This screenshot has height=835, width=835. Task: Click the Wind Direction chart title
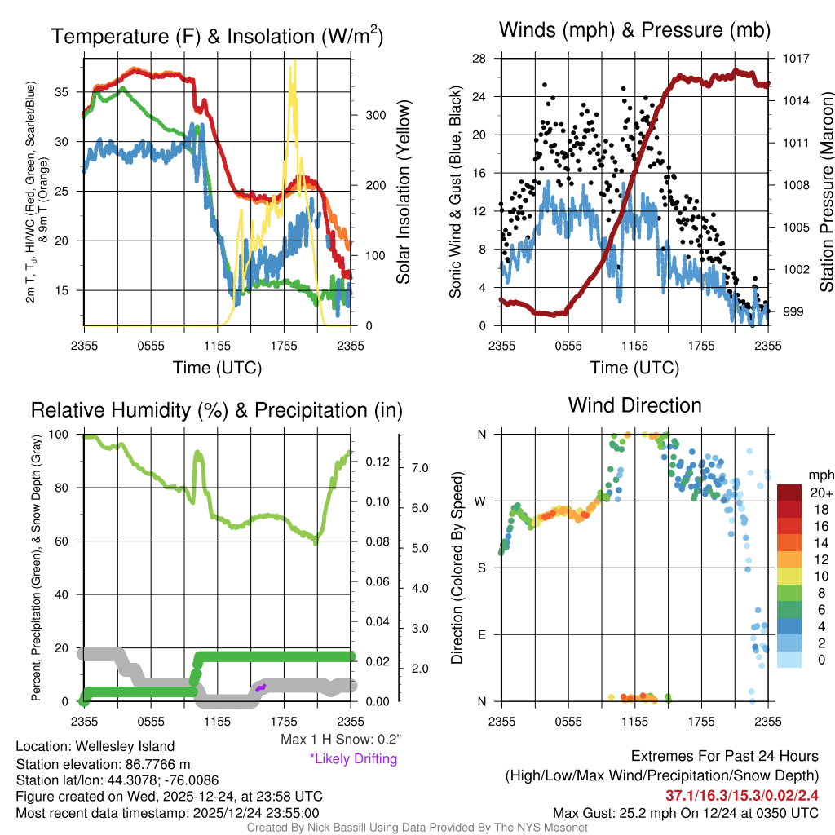(x=634, y=405)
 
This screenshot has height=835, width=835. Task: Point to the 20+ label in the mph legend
(x=820, y=493)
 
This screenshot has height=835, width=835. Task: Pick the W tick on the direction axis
(x=482, y=501)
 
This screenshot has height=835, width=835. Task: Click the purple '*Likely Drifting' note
(x=353, y=759)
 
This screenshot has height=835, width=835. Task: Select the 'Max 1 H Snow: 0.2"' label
(x=340, y=740)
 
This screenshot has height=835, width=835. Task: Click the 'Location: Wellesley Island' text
(x=95, y=746)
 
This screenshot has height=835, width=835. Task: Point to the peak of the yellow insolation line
(x=294, y=62)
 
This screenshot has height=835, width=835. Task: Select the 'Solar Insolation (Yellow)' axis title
(x=403, y=192)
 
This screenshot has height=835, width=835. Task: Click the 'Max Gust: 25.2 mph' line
(x=685, y=813)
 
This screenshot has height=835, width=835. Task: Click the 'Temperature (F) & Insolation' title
(x=217, y=37)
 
